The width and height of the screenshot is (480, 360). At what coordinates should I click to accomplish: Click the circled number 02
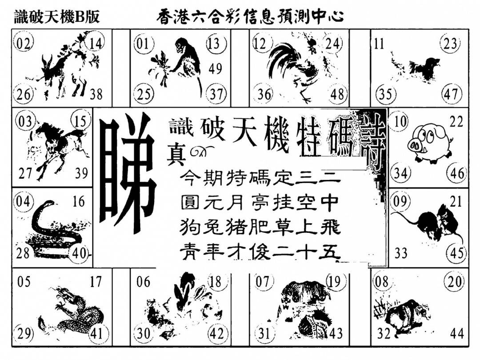tap(24, 44)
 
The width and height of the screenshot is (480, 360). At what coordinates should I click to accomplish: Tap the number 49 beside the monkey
tap(215, 68)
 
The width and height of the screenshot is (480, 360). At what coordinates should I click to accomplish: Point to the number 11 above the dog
tap(379, 44)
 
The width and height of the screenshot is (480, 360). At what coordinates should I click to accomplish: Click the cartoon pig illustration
tap(430, 143)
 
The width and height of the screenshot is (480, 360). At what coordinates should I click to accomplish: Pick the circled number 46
tap(457, 174)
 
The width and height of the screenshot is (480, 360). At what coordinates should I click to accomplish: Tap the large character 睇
tap(128, 172)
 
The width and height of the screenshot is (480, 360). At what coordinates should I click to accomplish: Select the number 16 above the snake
tap(79, 202)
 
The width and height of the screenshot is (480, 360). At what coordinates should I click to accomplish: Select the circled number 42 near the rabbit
tap(217, 334)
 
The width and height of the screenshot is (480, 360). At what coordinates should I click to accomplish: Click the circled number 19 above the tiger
tap(335, 281)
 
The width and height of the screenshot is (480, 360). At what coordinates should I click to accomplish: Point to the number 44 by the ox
tap(457, 333)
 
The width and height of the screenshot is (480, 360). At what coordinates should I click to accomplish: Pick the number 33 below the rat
tap(400, 253)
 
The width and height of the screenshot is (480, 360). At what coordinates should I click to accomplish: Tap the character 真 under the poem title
tap(176, 156)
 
